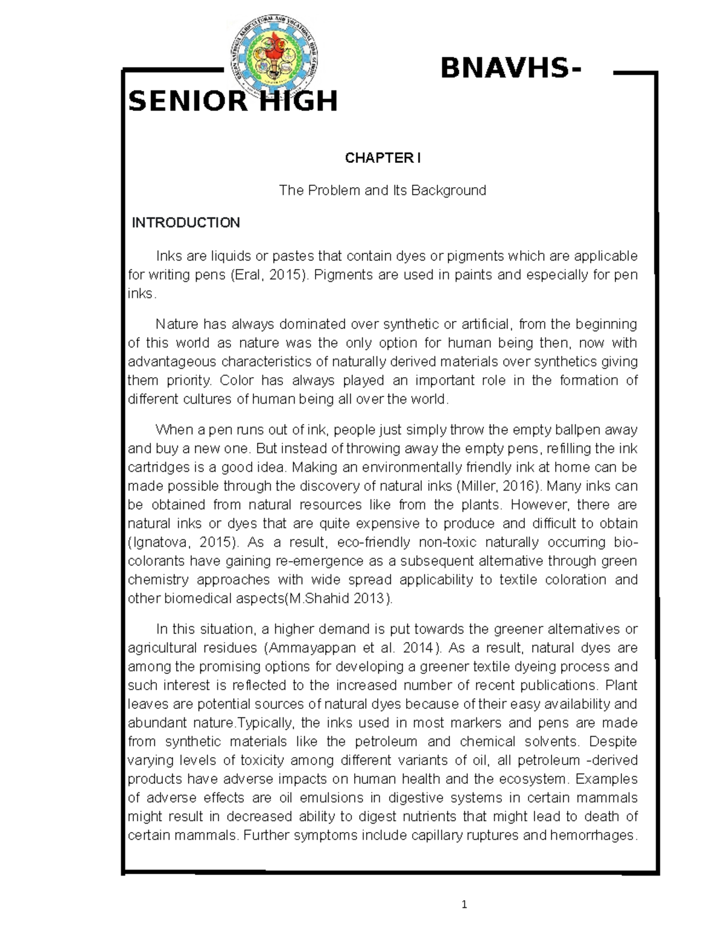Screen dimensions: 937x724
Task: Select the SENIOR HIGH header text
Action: [x=233, y=101]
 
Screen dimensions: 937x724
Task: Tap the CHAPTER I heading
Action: [x=383, y=158]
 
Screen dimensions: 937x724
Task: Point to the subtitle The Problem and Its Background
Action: [x=383, y=191]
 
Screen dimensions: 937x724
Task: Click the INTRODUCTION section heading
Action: [x=186, y=223]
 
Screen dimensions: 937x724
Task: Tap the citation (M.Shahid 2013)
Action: [x=342, y=599]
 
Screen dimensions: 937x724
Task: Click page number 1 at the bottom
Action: [x=464, y=904]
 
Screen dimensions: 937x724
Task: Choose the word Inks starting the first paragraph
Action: [x=169, y=256]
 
